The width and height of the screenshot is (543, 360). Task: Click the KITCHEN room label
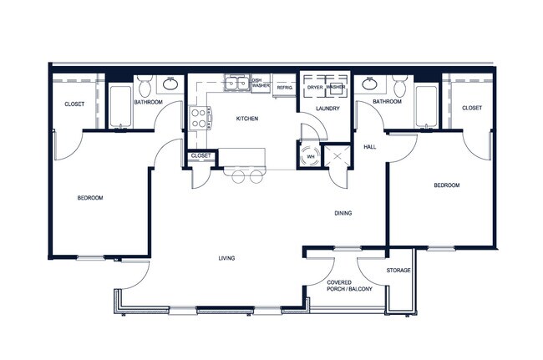coord(246,119)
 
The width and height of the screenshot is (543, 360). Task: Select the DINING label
coord(343,214)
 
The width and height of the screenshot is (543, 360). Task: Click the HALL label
coord(370,147)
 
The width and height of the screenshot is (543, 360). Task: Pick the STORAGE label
coord(398,271)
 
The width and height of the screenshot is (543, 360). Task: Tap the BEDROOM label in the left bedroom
coord(89,198)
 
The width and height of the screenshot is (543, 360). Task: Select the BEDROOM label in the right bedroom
coord(446,185)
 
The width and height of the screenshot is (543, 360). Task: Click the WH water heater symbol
coord(308,155)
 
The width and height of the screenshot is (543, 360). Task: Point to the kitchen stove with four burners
coord(200,119)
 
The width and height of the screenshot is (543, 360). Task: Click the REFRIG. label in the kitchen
coord(284,86)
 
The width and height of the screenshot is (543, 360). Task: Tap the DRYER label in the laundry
coord(315,87)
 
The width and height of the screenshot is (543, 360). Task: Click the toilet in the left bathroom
coord(145,86)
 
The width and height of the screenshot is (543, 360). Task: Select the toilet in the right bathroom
coord(398,86)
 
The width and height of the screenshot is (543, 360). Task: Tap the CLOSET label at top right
coord(471,108)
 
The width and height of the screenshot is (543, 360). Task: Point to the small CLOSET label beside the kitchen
coord(200,155)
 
